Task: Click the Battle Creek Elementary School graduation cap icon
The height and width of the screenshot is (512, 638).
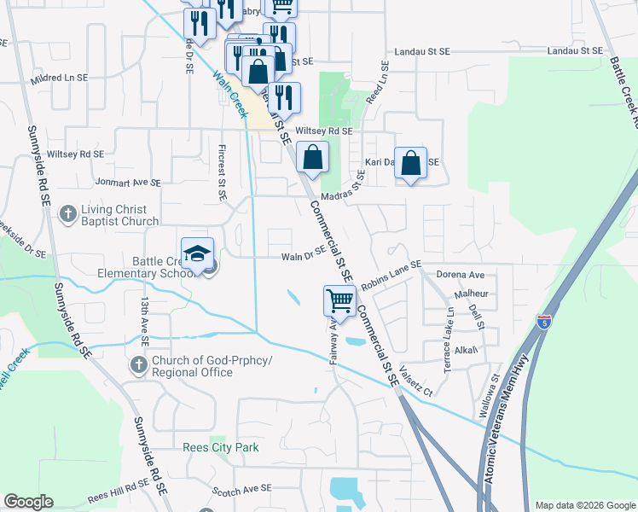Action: point(197,254)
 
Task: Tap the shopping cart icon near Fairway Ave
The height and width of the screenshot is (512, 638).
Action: point(339,302)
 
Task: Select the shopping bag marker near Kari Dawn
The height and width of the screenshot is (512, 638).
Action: point(411,163)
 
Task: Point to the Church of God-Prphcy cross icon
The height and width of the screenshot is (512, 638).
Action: point(139,366)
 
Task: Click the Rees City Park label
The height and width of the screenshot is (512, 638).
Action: point(220,447)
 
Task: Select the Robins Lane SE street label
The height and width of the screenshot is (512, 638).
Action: point(391,275)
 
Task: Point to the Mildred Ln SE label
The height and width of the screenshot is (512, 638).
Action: point(58,77)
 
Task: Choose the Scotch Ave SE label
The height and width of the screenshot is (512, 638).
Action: point(241,487)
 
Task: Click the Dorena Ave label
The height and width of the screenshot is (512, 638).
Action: point(460,275)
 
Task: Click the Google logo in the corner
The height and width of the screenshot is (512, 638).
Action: point(29,502)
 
